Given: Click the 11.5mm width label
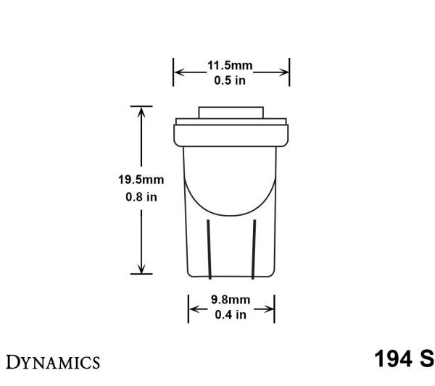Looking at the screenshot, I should pyautogui.click(x=230, y=66).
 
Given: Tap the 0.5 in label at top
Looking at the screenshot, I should pyautogui.click(x=230, y=80).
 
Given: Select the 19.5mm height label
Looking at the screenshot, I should pyautogui.click(x=141, y=180).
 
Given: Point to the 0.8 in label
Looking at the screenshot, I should pyautogui.click(x=141, y=196).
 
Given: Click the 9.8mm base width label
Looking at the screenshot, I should pyautogui.click(x=230, y=299).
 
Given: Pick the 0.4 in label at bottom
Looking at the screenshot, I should pyautogui.click(x=230, y=314).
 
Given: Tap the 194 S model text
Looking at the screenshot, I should pyautogui.click(x=404, y=359).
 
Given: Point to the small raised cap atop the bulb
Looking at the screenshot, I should pyautogui.click(x=231, y=114).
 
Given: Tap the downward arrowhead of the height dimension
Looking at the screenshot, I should pyautogui.click(x=141, y=269).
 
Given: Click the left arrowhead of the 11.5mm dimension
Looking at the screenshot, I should pyautogui.click(x=178, y=72).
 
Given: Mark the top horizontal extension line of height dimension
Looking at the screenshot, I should pyautogui.click(x=141, y=106).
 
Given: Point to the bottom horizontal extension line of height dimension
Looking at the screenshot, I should pyautogui.click(x=141, y=274).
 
